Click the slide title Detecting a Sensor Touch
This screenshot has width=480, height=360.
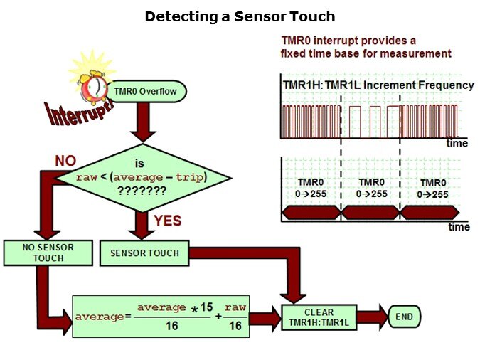point(240,16)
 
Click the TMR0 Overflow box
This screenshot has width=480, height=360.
point(149,92)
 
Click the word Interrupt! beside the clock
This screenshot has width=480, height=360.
point(78,114)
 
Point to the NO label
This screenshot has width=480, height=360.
point(65,161)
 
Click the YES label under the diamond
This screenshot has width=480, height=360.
point(168,221)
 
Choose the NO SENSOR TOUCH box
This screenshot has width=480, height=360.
point(48,253)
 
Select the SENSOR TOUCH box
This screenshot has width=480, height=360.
point(145,253)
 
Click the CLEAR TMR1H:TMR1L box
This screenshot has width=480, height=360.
point(319,317)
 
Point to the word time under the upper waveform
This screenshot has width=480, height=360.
point(457,143)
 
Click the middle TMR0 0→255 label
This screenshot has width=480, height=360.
point(371,188)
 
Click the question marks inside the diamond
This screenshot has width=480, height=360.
point(142,191)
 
